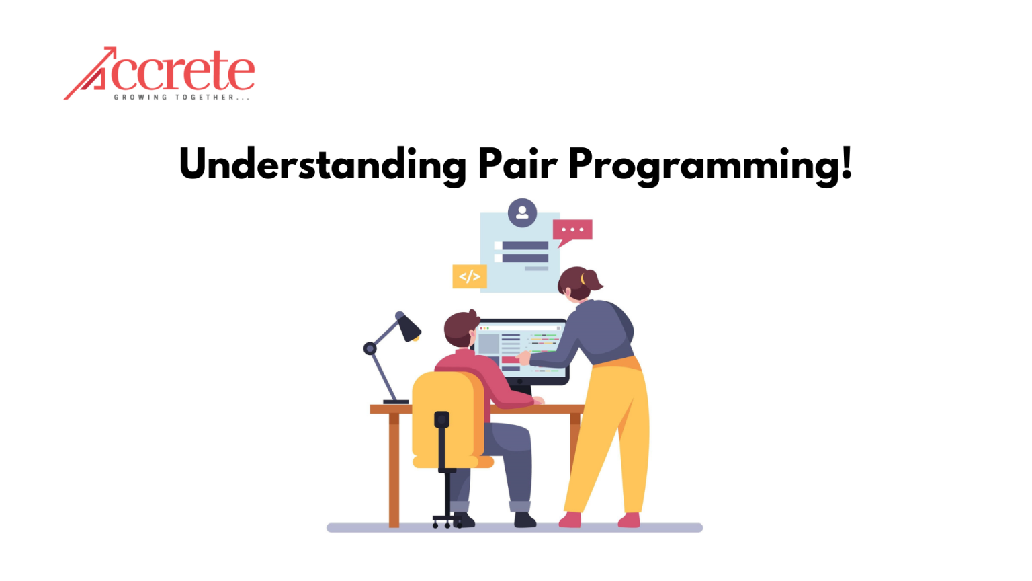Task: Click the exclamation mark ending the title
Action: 846,162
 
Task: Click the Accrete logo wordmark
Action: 159,72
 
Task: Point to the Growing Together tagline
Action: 181,98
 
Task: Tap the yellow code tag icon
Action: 470,276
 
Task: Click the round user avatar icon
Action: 522,212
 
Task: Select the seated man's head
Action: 461,328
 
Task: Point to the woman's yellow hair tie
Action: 583,278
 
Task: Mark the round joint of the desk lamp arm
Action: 370,348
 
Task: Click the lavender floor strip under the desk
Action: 515,527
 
